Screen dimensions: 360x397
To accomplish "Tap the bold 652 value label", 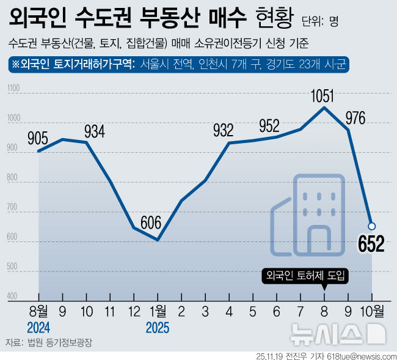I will point(371,244).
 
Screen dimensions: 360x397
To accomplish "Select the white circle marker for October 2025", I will point(371,226).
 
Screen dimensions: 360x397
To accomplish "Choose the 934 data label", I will point(94,131).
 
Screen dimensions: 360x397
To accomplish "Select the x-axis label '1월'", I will point(157,311).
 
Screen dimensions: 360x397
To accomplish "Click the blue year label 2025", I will point(157,327).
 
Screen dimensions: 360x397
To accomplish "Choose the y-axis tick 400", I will point(12,296).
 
